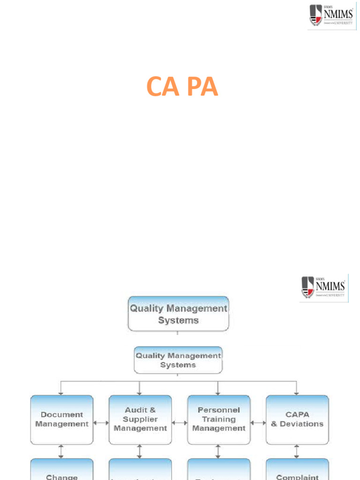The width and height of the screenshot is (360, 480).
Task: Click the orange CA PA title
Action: [x=182, y=87]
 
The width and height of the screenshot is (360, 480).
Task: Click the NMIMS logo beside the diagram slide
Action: [x=323, y=287]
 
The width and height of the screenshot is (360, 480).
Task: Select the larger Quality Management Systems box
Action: [x=178, y=314]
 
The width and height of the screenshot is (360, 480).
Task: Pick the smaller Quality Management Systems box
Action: [x=178, y=360]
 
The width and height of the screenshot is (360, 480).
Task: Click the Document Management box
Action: [x=61, y=420]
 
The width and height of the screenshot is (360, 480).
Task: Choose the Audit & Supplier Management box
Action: [x=140, y=420]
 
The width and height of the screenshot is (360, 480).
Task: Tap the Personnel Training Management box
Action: [x=218, y=420]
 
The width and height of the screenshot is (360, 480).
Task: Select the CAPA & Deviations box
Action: [x=297, y=420]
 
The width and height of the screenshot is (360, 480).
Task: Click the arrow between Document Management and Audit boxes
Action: [x=101, y=423]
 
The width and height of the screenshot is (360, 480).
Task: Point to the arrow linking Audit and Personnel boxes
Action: [x=180, y=423]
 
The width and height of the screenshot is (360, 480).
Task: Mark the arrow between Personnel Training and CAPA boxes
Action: [x=258, y=423]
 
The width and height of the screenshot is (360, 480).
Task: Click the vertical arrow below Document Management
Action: [x=61, y=451]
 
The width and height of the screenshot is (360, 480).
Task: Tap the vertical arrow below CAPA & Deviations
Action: [x=297, y=451]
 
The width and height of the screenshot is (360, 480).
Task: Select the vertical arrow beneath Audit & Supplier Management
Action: [x=140, y=451]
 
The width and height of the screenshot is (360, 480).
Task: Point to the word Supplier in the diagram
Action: [x=140, y=419]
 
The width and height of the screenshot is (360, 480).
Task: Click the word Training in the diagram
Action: [x=218, y=419]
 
